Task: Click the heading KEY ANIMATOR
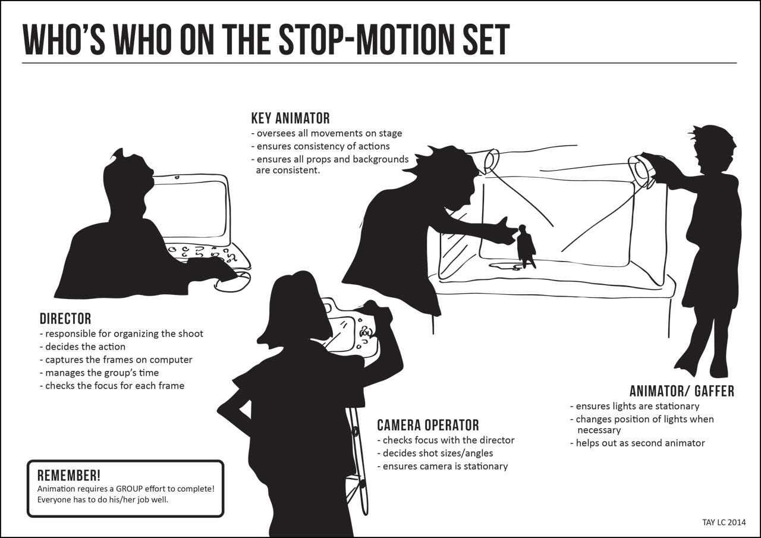[x=291, y=118]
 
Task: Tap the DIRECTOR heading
[x=65, y=319]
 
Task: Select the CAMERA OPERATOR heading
[x=428, y=425]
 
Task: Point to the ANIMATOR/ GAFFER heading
[x=682, y=391]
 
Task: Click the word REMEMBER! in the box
[x=69, y=476]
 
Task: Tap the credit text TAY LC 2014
[x=724, y=522]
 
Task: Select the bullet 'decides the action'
[x=83, y=347]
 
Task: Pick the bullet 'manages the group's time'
[x=99, y=373]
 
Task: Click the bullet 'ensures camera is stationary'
[x=442, y=466]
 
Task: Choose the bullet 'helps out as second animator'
[x=637, y=443]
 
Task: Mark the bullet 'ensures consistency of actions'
[x=320, y=146]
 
